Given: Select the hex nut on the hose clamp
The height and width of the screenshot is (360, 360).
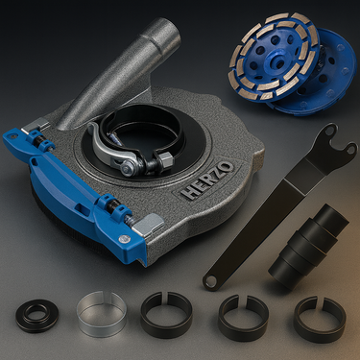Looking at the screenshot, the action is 164,157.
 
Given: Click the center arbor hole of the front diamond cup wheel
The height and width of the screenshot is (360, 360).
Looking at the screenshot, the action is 274,60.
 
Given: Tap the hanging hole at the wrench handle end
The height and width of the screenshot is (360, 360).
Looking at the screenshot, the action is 210,281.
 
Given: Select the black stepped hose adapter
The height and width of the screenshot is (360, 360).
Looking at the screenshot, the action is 308,247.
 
